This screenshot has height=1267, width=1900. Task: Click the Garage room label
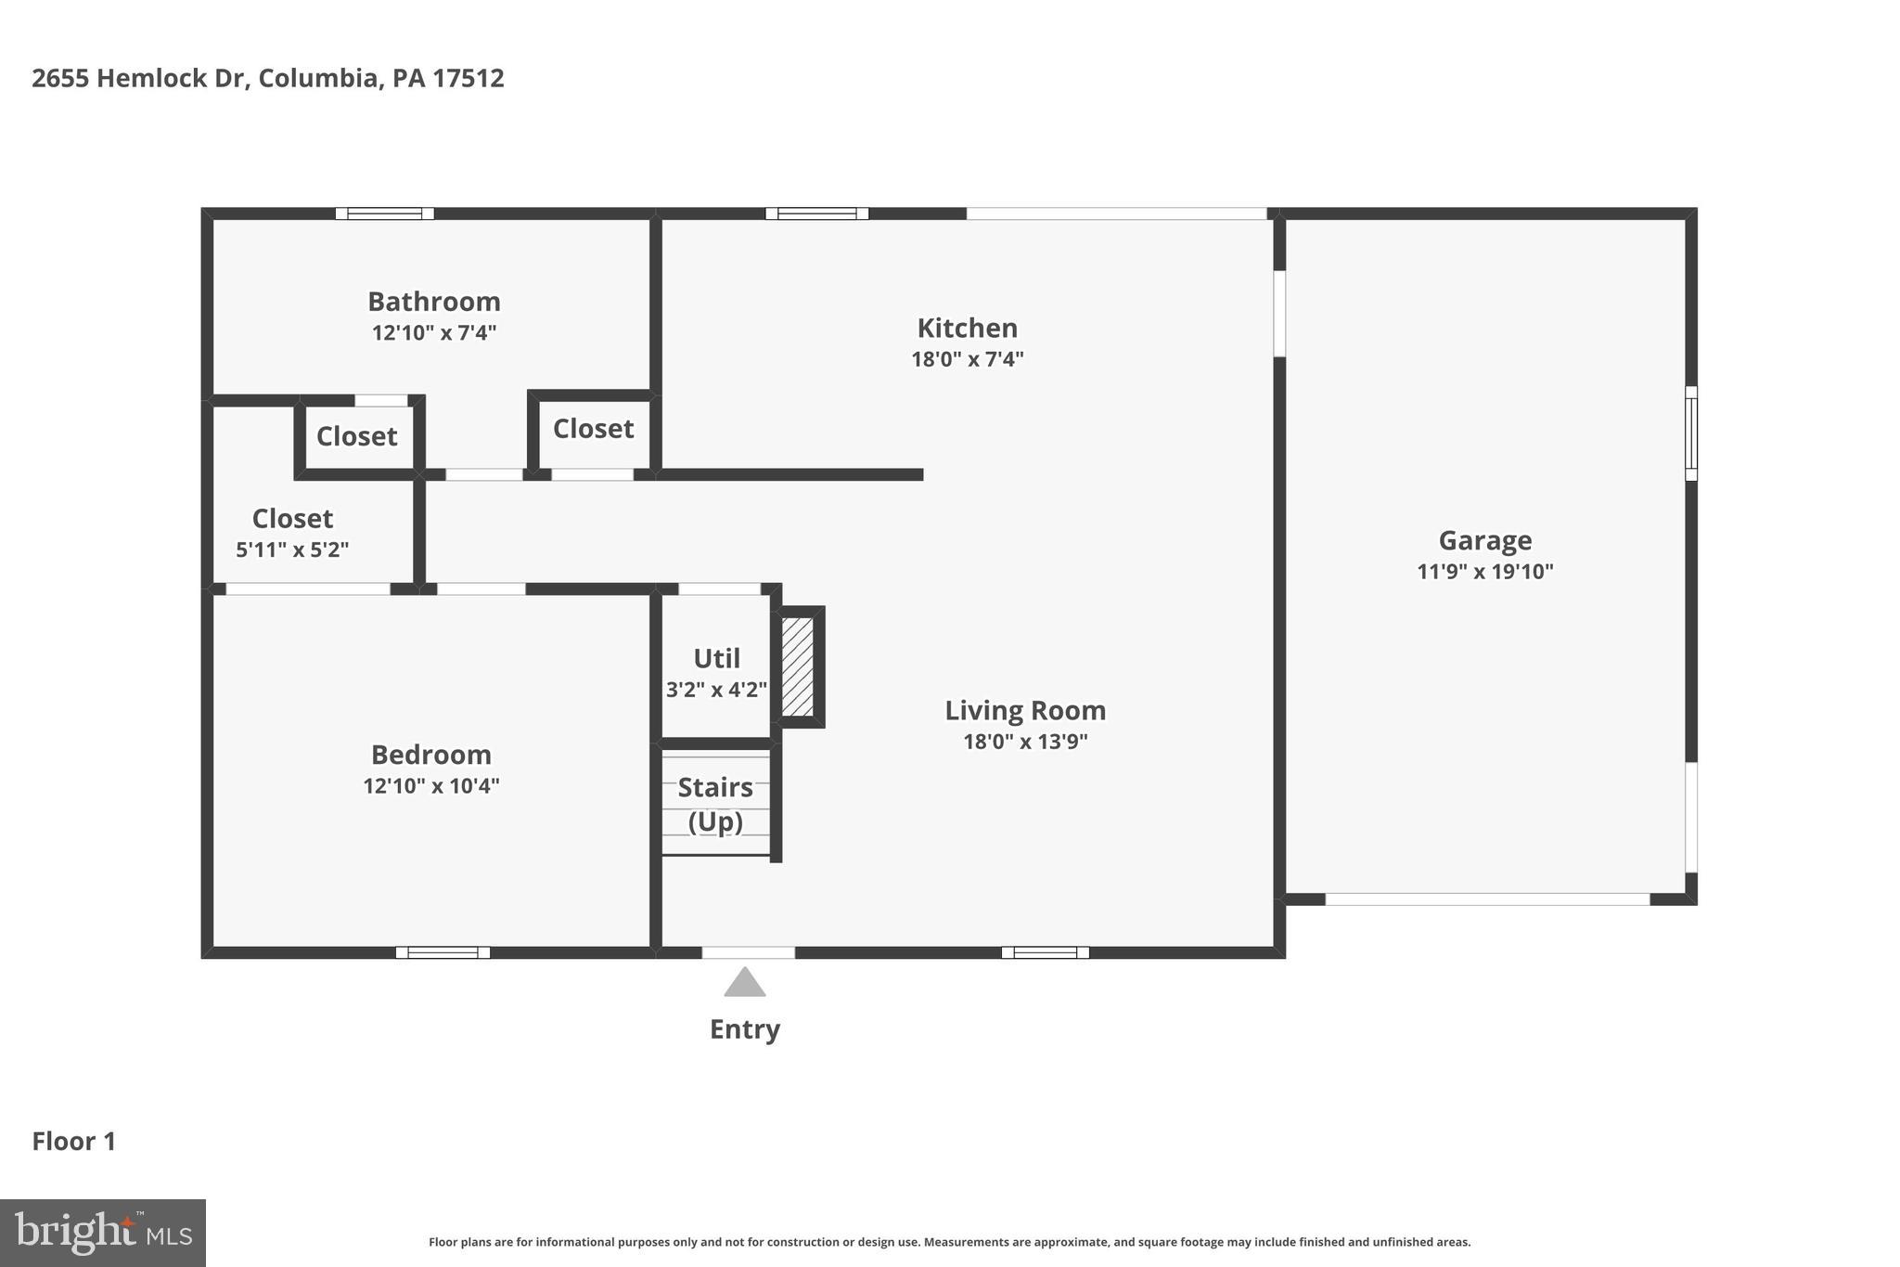(1484, 540)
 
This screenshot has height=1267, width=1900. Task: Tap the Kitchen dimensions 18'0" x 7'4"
(967, 359)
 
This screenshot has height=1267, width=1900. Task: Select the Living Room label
(1025, 710)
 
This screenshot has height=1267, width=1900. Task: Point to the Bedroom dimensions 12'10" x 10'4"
(431, 786)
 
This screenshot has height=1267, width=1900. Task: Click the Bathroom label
(434, 302)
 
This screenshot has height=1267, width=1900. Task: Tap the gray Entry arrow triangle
(744, 984)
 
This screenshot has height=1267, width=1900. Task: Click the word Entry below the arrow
(744, 1029)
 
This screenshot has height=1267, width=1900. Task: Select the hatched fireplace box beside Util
(797, 666)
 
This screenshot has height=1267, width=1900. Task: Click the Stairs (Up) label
(715, 804)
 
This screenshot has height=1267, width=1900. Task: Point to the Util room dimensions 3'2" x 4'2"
(716, 690)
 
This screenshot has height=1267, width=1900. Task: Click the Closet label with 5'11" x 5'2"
(292, 518)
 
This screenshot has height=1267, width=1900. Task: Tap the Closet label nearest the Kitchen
(593, 429)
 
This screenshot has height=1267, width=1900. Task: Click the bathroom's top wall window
(384, 213)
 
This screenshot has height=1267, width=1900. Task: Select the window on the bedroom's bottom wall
(443, 952)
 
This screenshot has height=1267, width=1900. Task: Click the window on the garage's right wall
(1690, 433)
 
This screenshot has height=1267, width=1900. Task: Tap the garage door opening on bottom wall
(1486, 899)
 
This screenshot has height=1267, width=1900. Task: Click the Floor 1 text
(74, 1142)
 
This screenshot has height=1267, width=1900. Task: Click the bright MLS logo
(103, 1234)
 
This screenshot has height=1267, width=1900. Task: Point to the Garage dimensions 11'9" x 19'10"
(1484, 572)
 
